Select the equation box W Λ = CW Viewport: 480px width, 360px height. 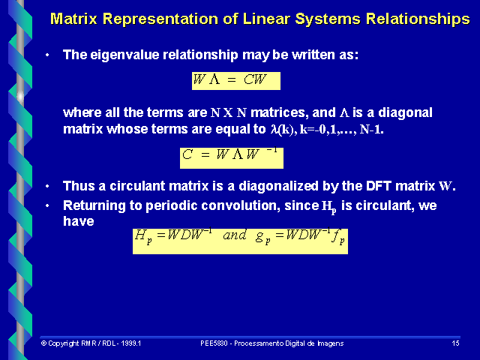tap(235, 79)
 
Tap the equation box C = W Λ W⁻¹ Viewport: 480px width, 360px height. tap(232, 157)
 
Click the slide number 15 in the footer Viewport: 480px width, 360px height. tap(455, 343)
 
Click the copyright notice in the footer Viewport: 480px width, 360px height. tap(91, 343)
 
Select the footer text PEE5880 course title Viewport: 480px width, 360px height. tap(272, 343)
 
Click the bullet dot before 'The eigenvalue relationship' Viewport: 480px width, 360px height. tap(48, 55)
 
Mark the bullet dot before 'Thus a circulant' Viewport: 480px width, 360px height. tap(48, 187)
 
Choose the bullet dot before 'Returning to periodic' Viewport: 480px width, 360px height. tap(48, 205)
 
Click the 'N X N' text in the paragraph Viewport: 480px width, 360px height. tap(229, 113)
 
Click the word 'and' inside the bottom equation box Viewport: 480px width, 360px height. tap(235, 235)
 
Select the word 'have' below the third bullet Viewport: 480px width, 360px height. tap(79, 221)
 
